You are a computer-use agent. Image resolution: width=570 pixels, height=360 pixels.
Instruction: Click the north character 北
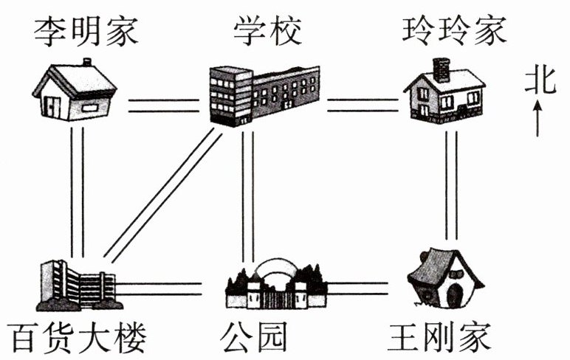(540, 80)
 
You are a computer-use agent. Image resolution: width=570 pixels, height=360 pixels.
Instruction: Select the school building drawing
(264, 94)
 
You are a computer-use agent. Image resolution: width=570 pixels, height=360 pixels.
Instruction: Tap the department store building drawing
(77, 285)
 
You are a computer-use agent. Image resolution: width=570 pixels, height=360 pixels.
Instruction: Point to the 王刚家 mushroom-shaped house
(444, 280)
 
